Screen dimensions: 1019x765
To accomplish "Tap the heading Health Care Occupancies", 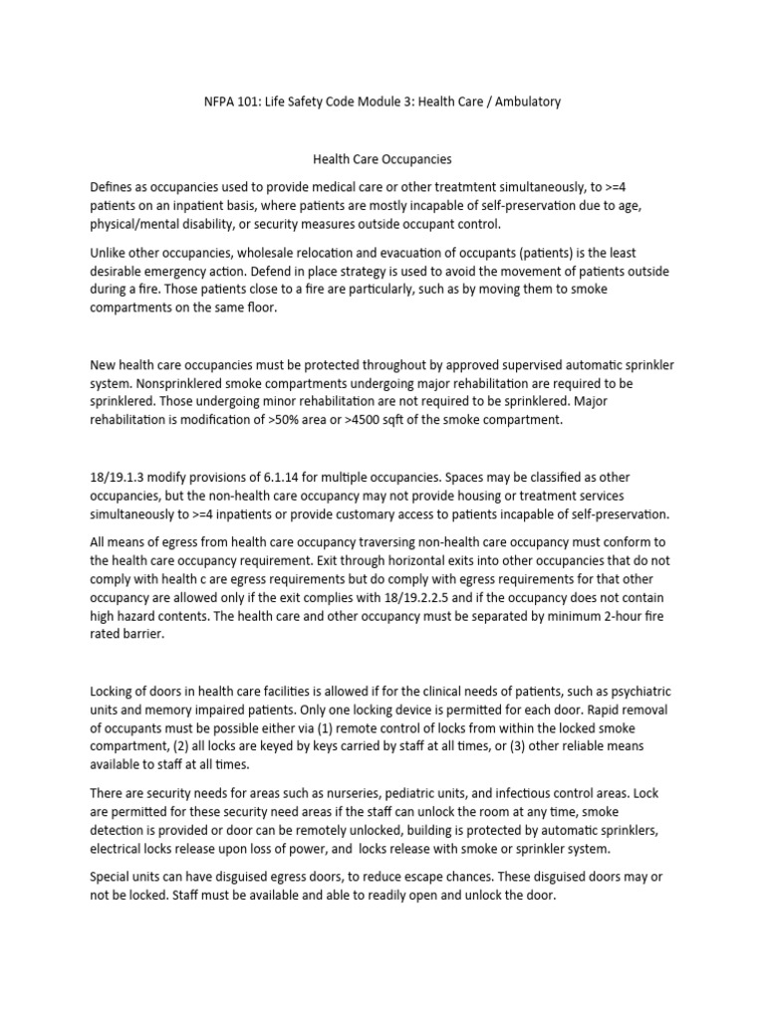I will tap(382, 158).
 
